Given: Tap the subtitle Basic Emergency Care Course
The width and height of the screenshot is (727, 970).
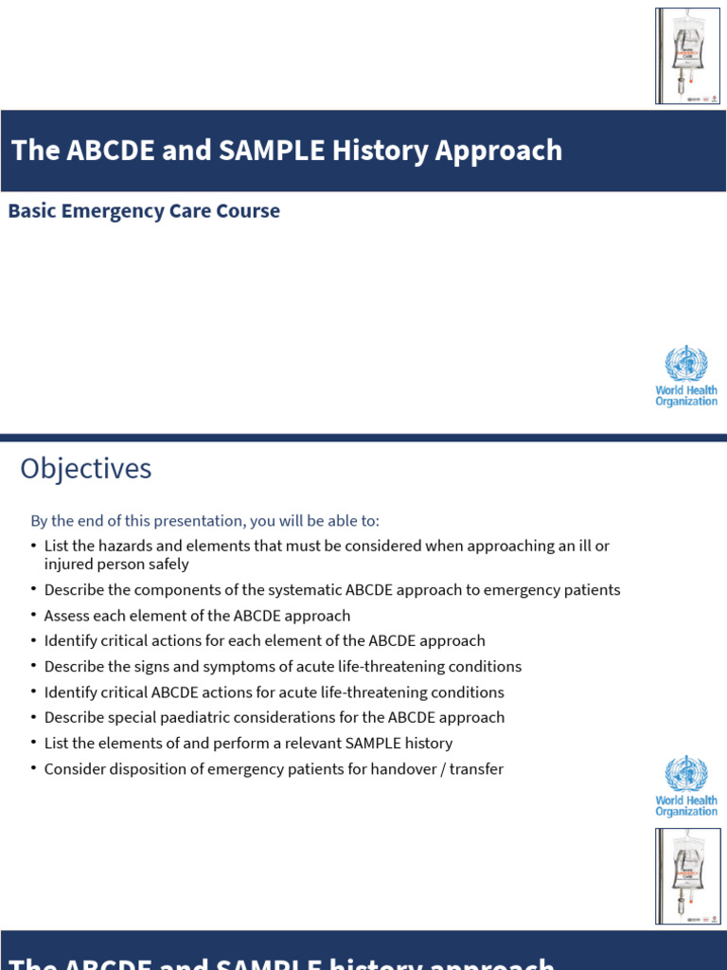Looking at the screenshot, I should (144, 210).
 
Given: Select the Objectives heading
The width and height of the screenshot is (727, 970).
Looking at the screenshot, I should (86, 469).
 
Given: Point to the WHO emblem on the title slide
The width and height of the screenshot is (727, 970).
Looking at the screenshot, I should (686, 364).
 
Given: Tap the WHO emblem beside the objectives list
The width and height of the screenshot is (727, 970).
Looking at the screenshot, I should (686, 774).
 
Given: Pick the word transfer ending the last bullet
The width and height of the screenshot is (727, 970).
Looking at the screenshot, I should (477, 769).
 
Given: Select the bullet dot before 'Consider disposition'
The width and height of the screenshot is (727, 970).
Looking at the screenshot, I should (33, 769).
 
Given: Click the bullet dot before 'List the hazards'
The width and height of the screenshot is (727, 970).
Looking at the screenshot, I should (33, 546).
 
